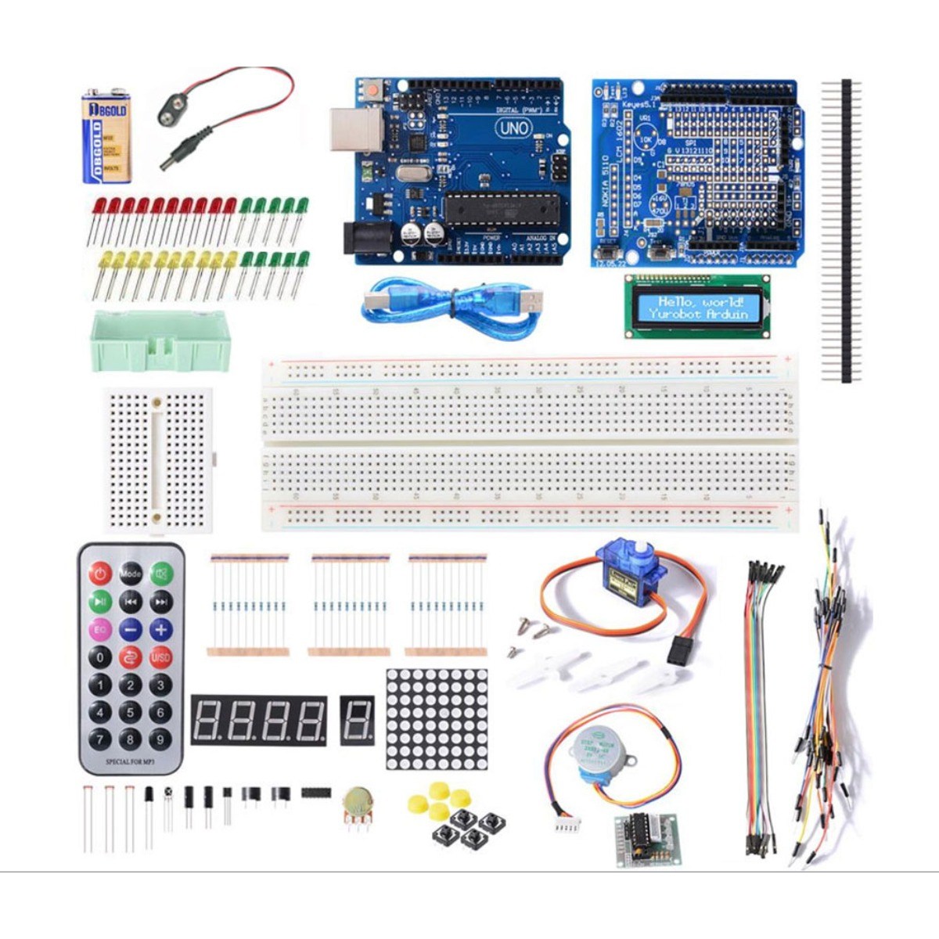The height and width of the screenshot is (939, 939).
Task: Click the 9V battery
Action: click(107, 135)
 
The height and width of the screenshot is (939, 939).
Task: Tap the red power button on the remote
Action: click(99, 574)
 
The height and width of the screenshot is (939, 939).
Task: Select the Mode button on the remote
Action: click(131, 574)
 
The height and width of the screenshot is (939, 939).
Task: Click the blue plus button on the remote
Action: click(161, 628)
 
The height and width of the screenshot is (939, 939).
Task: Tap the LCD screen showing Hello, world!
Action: click(696, 308)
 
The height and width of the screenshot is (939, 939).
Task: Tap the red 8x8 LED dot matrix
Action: click(437, 718)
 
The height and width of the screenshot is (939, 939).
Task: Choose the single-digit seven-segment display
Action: click(357, 720)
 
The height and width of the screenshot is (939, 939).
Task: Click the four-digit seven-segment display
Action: click(259, 720)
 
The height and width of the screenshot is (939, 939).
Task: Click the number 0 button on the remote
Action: click(99, 657)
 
